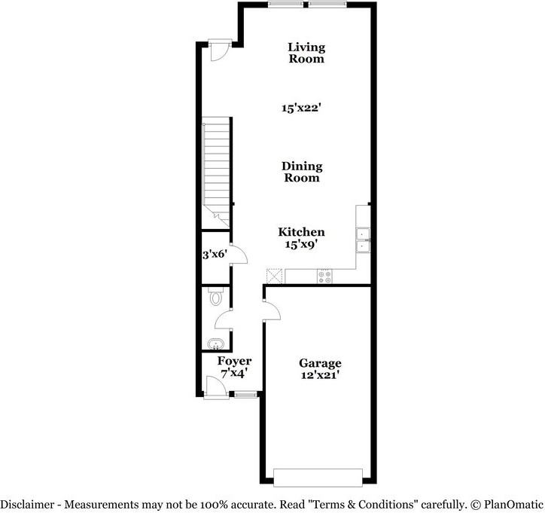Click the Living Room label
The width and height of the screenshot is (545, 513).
pyautogui.click(x=306, y=53)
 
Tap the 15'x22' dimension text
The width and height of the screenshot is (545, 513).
pyautogui.click(x=302, y=108)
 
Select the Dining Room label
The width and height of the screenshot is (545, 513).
pyautogui.click(x=302, y=172)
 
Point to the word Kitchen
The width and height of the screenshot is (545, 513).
pyautogui.click(x=301, y=232)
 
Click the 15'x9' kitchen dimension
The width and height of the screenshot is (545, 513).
pyautogui.click(x=301, y=245)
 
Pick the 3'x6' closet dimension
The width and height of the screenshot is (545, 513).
pyautogui.click(x=214, y=255)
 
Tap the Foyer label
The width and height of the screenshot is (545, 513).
pyautogui.click(x=234, y=362)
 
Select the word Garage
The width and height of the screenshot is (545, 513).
pyautogui.click(x=320, y=363)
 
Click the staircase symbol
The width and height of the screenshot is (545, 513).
pyautogui.click(x=216, y=169)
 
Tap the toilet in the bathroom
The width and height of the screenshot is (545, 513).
pyautogui.click(x=215, y=297)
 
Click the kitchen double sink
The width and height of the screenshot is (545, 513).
pyautogui.click(x=363, y=240)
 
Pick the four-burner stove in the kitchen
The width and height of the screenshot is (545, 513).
pyautogui.click(x=325, y=276)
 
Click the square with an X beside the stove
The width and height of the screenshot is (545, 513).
pyautogui.click(x=274, y=276)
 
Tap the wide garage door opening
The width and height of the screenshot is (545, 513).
pyautogui.click(x=318, y=477)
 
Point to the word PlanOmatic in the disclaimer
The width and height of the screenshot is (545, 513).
pyautogui.click(x=512, y=503)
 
